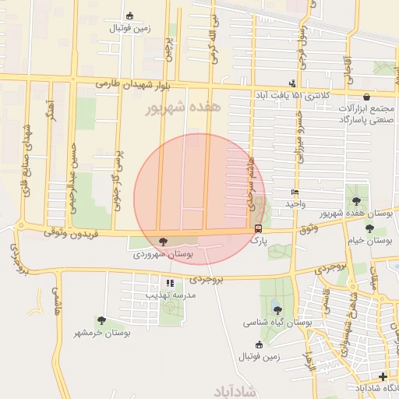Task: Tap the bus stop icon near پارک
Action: (258, 228)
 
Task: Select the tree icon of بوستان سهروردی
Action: (163, 242)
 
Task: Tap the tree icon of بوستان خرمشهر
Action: (101, 320)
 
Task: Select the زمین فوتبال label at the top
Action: (129, 29)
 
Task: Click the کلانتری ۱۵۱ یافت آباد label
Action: (293, 95)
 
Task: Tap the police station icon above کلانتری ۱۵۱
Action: (293, 83)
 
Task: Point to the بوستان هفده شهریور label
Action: (355, 214)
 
